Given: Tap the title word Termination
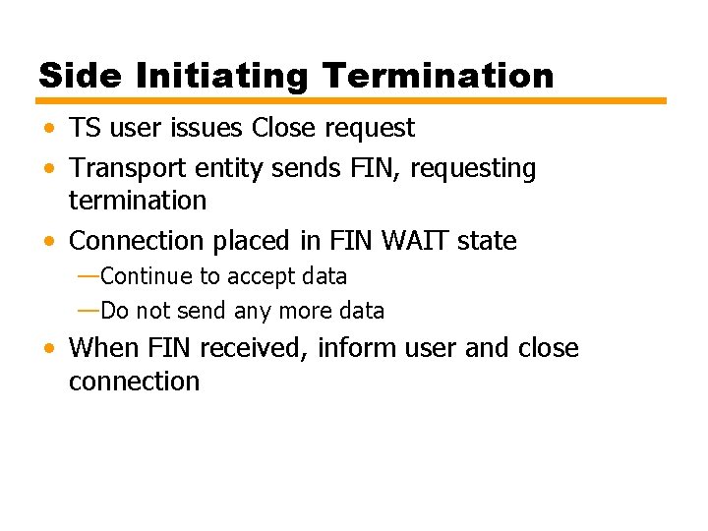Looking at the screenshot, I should (438, 76).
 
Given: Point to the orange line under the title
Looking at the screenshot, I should (352, 100).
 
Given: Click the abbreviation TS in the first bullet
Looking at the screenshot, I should (84, 128).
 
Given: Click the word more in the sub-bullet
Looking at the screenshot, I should (306, 312).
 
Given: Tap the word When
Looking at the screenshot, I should (104, 347).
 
